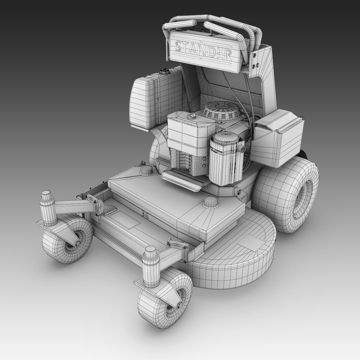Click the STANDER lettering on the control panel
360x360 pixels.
(204, 50)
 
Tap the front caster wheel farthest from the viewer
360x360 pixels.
(67, 238)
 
